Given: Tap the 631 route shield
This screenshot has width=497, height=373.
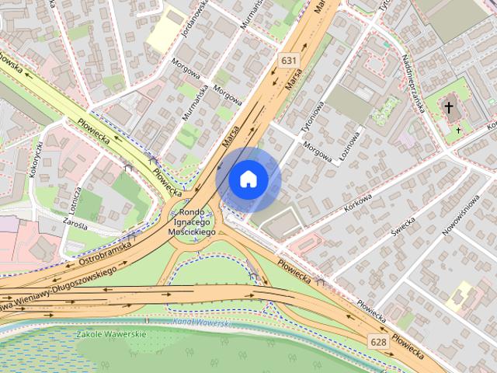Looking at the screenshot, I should [289, 60].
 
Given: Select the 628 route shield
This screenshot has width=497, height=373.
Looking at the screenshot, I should [378, 341].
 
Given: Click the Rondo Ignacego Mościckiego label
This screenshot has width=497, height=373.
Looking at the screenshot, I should [191, 221].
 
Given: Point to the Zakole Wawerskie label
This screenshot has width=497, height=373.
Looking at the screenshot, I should [112, 334].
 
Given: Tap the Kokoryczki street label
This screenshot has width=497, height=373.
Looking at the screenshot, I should [34, 159].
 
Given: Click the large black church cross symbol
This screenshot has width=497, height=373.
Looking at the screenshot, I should [449, 107].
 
